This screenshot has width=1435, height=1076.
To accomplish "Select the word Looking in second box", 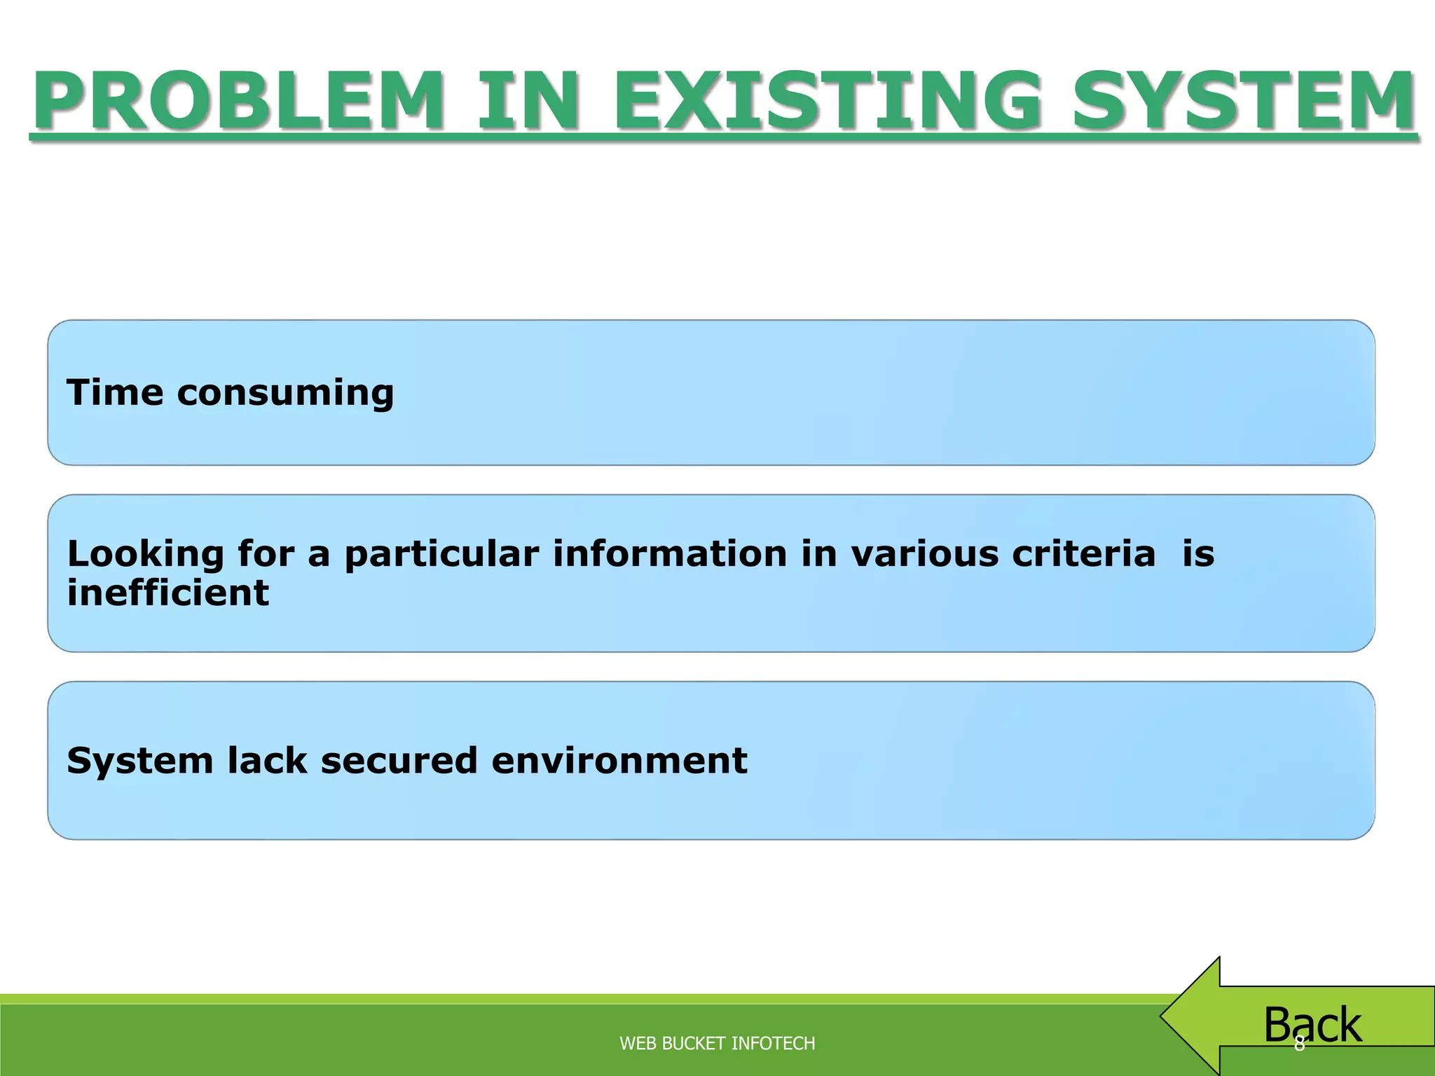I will [x=145, y=555].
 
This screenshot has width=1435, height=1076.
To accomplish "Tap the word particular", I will [x=441, y=555].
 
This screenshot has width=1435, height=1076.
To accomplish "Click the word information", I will [x=671, y=553].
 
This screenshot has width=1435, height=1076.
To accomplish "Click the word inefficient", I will [x=167, y=593].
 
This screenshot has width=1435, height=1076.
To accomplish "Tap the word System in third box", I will [x=139, y=761].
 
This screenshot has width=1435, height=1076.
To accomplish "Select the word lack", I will [x=267, y=760].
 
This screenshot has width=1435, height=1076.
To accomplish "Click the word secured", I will [x=399, y=760].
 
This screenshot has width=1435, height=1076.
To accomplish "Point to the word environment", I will [x=619, y=760].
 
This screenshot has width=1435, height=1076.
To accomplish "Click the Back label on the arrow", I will [x=1312, y=1024].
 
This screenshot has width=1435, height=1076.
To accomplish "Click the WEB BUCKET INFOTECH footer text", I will [x=717, y=1043].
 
